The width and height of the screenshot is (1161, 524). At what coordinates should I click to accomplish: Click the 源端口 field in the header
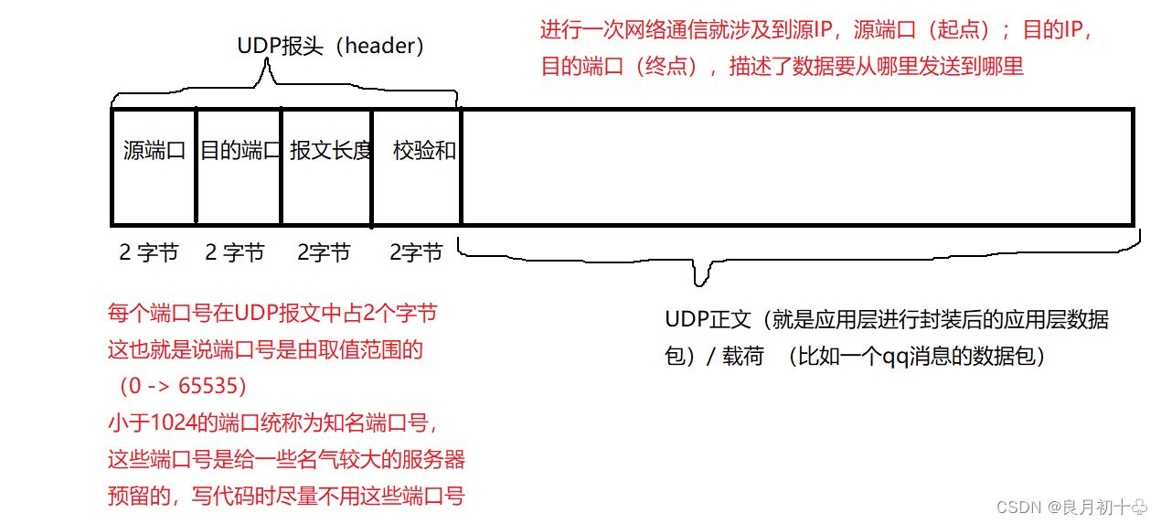[x=154, y=166]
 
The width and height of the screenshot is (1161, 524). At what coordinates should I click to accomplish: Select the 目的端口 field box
[x=239, y=166]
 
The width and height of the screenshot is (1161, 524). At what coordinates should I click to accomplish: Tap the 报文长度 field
[x=326, y=166]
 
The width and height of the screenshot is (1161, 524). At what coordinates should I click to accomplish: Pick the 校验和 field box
[x=416, y=166]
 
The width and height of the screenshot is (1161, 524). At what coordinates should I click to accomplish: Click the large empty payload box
[x=795, y=166]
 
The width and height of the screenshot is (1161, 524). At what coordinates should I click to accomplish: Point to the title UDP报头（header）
[x=331, y=46]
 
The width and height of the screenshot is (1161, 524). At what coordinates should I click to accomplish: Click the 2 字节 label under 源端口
[x=149, y=252]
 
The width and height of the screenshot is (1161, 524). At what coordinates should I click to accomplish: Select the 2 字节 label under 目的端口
[x=235, y=252]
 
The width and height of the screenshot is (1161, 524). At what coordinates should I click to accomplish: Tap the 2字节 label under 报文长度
[x=324, y=252]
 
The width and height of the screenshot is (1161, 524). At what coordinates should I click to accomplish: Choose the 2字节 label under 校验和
[x=416, y=252]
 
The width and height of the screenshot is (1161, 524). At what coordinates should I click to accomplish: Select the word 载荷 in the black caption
[x=742, y=356]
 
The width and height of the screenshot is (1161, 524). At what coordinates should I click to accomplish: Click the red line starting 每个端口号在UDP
[x=272, y=314]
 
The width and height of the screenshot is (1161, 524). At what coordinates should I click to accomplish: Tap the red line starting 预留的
[x=286, y=497]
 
